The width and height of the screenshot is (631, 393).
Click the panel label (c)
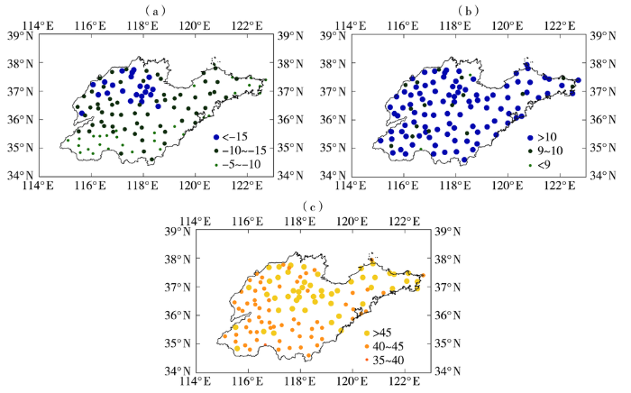click(x=312, y=206)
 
